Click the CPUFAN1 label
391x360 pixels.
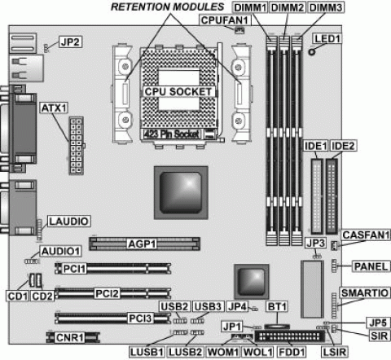tap(225, 20)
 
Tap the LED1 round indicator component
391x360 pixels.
tap(312, 51)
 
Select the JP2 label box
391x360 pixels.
tap(70, 42)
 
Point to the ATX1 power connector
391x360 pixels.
tap(76, 146)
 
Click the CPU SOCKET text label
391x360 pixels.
tap(178, 92)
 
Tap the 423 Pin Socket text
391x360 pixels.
tap(171, 134)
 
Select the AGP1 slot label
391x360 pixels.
tap(142, 244)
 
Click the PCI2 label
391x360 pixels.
tap(107, 293)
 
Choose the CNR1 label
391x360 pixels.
tap(70, 337)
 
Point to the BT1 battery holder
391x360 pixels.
tap(277, 327)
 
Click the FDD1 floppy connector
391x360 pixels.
tap(289, 336)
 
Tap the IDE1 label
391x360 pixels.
tap(316, 146)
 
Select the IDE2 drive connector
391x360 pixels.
tap(332, 196)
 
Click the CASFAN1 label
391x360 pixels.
tap(366, 235)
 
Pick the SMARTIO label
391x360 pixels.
tap(364, 293)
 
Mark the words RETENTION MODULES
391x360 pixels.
tap(168, 7)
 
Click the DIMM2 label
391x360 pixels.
tap(288, 7)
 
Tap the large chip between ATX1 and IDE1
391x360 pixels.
tap(181, 192)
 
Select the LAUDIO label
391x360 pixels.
tap(69, 222)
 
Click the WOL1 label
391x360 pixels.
tap(257, 352)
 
